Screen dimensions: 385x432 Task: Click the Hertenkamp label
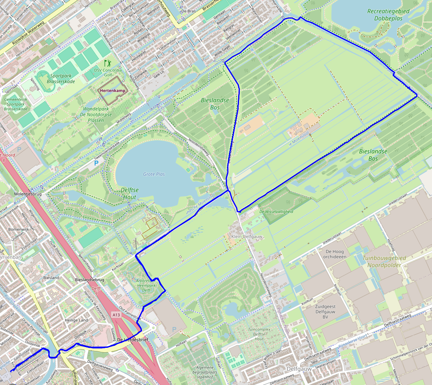coord(113,91)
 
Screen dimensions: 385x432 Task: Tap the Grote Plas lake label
coord(154,174)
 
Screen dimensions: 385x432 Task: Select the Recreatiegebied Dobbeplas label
coord(388,14)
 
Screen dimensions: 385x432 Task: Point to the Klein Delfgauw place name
coord(247,237)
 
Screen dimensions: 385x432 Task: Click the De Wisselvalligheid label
coord(276,211)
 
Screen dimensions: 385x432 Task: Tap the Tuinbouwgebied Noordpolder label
coord(384,261)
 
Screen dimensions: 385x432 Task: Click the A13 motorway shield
coord(116,315)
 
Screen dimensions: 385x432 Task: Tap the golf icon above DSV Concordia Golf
coord(107,63)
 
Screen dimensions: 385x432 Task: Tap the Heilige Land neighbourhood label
coord(77,320)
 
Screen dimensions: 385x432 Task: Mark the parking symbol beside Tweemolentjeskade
coord(96,163)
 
